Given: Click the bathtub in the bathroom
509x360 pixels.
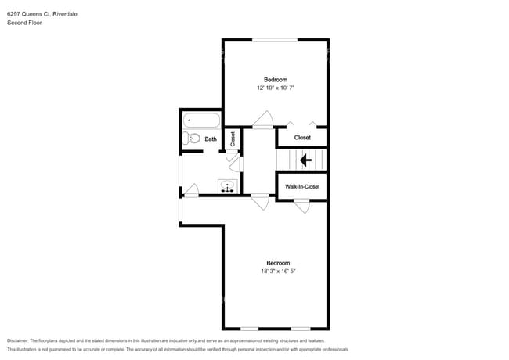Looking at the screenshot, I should pyautogui.click(x=203, y=122).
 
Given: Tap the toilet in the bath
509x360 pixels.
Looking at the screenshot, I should pyautogui.click(x=192, y=139).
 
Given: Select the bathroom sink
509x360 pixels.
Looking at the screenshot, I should pyautogui.click(x=229, y=186).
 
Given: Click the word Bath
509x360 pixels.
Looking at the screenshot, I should pyautogui.click(x=211, y=139).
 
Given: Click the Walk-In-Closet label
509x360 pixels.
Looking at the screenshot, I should pyautogui.click(x=302, y=187).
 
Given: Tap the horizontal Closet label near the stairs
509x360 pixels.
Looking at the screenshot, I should pyautogui.click(x=302, y=138).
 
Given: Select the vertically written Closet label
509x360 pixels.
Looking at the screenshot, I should pyautogui.click(x=233, y=139).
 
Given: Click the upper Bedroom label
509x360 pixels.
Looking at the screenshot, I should pyautogui.click(x=275, y=80).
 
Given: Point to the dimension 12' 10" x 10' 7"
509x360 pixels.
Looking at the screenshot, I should pyautogui.click(x=275, y=88).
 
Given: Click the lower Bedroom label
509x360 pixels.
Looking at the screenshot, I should pyautogui.click(x=278, y=263).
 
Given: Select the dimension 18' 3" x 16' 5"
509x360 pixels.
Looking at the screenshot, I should pyautogui.click(x=278, y=272).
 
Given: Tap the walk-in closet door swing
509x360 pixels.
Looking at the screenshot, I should pyautogui.click(x=301, y=205).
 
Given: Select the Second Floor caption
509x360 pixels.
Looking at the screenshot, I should pyautogui.click(x=25, y=23).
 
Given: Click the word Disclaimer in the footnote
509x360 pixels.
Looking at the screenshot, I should pyautogui.click(x=21, y=341).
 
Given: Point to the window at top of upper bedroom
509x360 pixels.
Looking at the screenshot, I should pyautogui.click(x=274, y=39).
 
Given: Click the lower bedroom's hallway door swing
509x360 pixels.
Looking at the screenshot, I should pyautogui.click(x=259, y=201).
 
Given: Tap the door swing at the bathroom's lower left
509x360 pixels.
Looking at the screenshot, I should pyautogui.click(x=191, y=190).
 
